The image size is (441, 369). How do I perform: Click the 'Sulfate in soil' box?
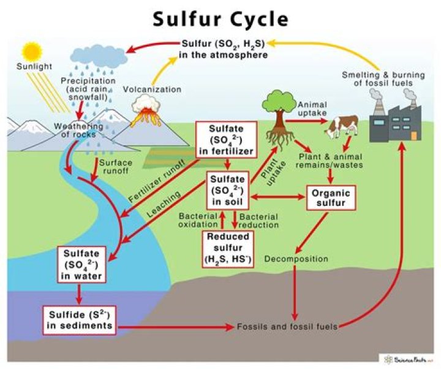(x=227, y=189)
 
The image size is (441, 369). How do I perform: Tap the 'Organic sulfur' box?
(x=331, y=197)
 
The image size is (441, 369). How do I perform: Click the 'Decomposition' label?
(x=296, y=259)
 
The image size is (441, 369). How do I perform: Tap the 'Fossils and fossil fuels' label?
(x=287, y=327)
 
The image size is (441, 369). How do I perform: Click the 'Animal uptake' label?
(x=316, y=108)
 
